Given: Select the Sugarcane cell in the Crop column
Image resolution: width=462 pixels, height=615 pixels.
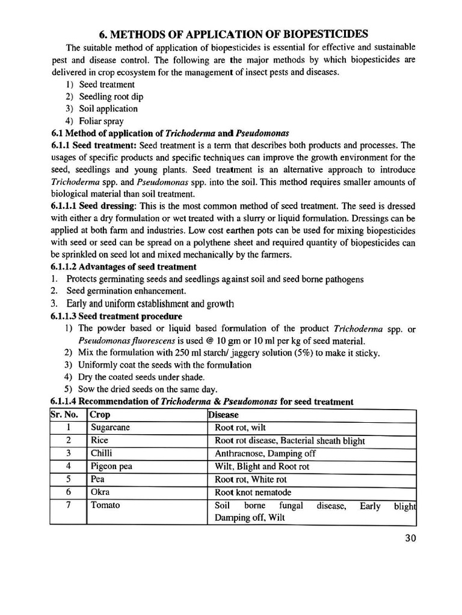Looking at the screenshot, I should coord(110,428).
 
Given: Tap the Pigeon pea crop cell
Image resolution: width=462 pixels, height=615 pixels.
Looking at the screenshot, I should coord(111,466).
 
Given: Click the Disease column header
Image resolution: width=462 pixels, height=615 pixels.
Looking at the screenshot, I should coord(223,414).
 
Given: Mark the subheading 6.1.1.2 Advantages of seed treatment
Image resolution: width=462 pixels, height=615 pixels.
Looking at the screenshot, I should coord(123,267).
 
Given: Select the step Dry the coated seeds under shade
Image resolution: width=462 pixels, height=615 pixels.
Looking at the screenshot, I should coord(141,377).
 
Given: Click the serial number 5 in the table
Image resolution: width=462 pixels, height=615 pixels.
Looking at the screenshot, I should coord(69,479).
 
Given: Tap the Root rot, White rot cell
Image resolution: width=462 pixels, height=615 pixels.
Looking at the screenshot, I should coord(251,479).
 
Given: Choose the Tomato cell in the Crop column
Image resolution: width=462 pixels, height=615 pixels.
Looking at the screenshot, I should coord(105,505).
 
